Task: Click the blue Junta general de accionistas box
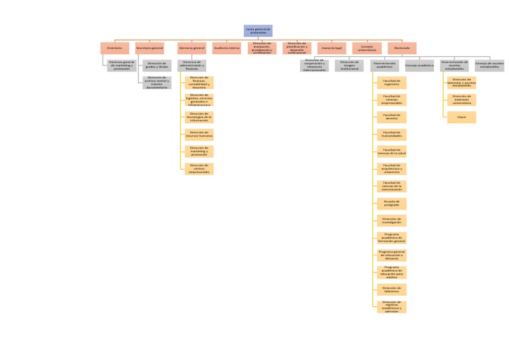[x=258, y=30]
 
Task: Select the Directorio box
[x=115, y=48]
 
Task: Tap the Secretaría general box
[x=150, y=48]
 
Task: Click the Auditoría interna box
[x=227, y=48]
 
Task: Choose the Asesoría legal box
[x=331, y=48]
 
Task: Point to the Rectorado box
[x=402, y=48]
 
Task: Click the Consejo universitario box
[x=367, y=48]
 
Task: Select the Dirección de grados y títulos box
[x=157, y=66]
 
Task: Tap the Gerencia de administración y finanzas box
[x=192, y=66]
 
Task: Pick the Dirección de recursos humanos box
[x=199, y=135]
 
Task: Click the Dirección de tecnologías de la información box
[x=199, y=117]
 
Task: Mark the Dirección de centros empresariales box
[x=199, y=169]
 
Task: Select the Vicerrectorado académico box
[x=384, y=66]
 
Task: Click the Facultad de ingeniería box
[x=392, y=83]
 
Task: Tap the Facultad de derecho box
[x=392, y=117]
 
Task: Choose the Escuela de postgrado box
[x=392, y=204]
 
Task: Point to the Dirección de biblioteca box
[x=392, y=290]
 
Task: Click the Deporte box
[x=461, y=117]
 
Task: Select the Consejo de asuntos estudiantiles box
[x=489, y=66]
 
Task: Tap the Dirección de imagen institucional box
[x=349, y=66]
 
